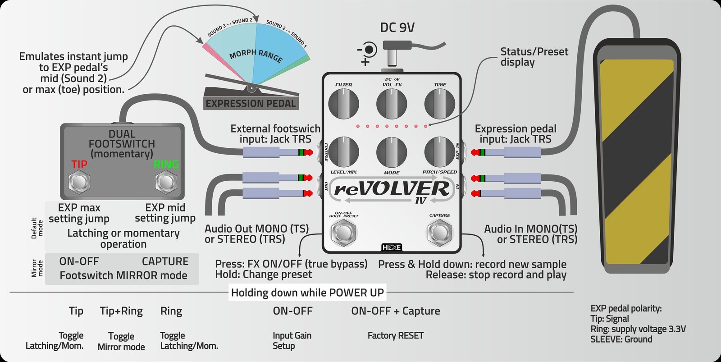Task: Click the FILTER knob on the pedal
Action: [343, 103]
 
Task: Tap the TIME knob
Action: [439, 103]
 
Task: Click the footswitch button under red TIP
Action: [80, 182]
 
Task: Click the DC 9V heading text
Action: [397, 28]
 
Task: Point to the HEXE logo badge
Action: [391, 247]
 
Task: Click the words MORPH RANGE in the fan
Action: [256, 55]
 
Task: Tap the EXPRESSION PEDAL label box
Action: [251, 104]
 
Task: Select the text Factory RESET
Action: [395, 335]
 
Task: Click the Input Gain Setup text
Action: [292, 341]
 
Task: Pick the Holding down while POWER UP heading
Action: [307, 293]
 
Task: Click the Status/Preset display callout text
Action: [534, 57]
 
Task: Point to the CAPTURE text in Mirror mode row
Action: [165, 261]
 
